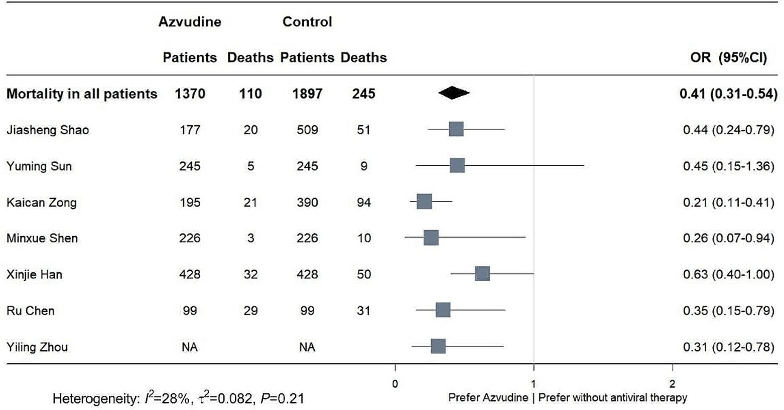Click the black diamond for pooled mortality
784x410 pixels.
(x=454, y=93)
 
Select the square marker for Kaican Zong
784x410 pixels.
(x=424, y=201)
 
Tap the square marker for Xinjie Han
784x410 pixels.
(x=482, y=274)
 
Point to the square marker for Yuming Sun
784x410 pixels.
(x=457, y=165)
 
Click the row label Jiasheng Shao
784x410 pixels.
(x=48, y=130)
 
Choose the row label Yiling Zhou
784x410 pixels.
(x=37, y=347)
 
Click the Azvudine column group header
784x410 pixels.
(x=190, y=22)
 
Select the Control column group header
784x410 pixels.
(x=307, y=22)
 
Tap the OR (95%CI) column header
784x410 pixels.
(x=728, y=58)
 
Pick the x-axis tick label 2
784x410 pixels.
(x=672, y=384)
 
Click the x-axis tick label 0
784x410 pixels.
(x=395, y=384)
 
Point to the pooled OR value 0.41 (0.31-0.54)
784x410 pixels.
(x=728, y=94)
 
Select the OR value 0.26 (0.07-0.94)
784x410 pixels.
(x=728, y=238)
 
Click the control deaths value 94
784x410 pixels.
(x=363, y=202)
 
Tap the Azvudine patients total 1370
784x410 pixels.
(x=190, y=94)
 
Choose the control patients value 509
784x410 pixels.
(x=307, y=130)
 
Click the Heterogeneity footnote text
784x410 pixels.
(x=178, y=398)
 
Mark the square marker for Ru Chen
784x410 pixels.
(x=443, y=310)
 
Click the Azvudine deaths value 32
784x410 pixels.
(x=250, y=275)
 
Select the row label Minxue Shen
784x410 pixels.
(x=42, y=238)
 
